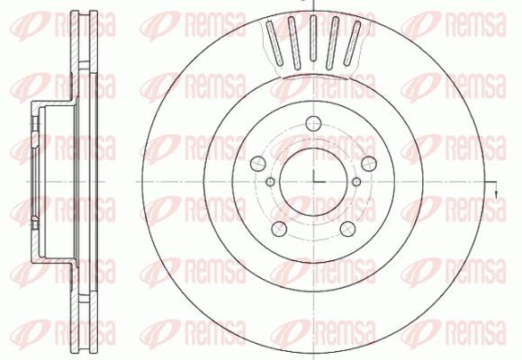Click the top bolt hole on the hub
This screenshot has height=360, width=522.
coord(313,123)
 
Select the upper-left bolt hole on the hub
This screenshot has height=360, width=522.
coord(258,164)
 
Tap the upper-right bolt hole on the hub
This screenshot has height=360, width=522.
coord(369,164)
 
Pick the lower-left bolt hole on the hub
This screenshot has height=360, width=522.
coord(279,229)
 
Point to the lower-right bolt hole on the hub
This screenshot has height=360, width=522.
coord(347,229)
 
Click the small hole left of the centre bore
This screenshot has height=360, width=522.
coord(271,182)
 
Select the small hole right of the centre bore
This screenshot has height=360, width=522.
coord(356,182)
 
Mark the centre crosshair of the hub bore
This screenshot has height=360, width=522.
coord(313,182)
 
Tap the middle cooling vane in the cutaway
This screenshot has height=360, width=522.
coord(312,39)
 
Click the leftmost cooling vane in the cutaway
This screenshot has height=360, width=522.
coord(274,42)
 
